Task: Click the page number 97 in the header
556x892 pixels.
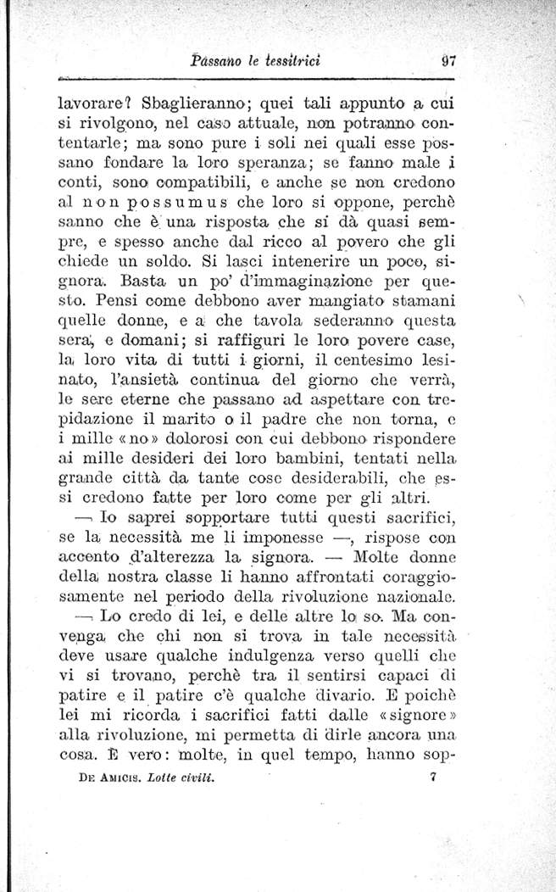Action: point(450,60)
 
